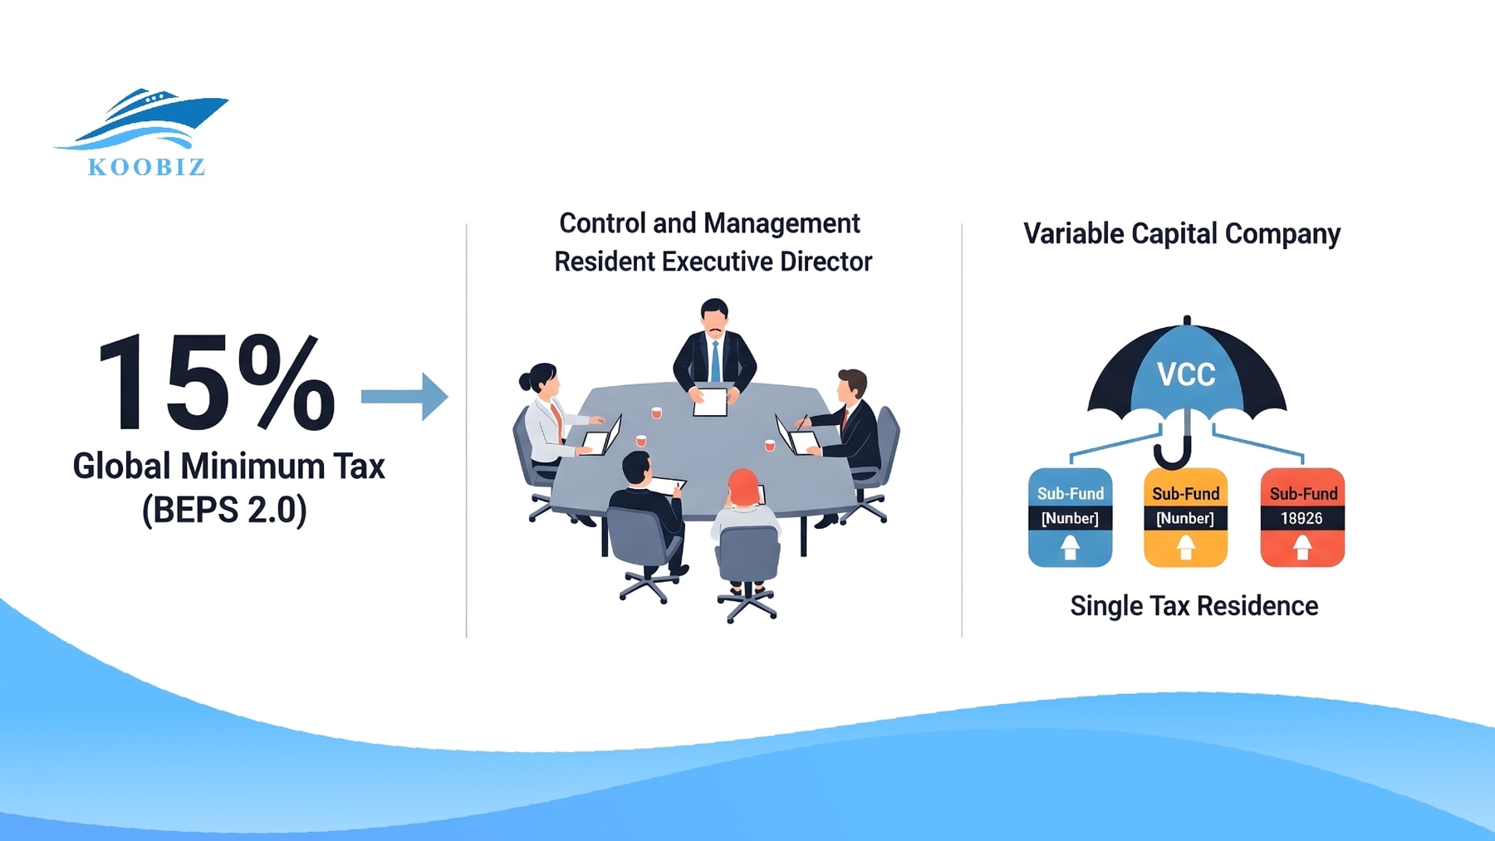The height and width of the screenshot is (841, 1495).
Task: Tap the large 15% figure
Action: pos(216,384)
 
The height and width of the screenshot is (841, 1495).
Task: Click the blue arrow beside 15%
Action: pos(404,397)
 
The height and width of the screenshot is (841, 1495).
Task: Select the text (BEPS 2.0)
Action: pos(224,509)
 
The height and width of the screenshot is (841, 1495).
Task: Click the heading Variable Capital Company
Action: pos(1181,234)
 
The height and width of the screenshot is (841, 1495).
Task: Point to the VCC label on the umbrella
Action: pos(1186,374)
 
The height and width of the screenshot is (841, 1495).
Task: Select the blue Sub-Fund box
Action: pos(1070,517)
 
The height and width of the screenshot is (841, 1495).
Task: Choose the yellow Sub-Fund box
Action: pos(1185,517)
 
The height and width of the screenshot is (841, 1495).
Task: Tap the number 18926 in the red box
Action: pos(1301,518)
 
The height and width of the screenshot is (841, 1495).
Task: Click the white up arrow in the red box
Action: pos(1302,546)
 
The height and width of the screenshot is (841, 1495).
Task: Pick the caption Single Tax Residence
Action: pos(1194,606)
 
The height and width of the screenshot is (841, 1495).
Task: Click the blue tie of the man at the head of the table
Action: pos(715,360)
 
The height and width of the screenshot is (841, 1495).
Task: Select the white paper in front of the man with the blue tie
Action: pos(710,401)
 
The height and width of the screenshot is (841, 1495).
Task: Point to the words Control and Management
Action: pos(709,223)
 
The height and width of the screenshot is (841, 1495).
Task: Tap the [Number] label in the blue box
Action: pos(1070,519)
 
